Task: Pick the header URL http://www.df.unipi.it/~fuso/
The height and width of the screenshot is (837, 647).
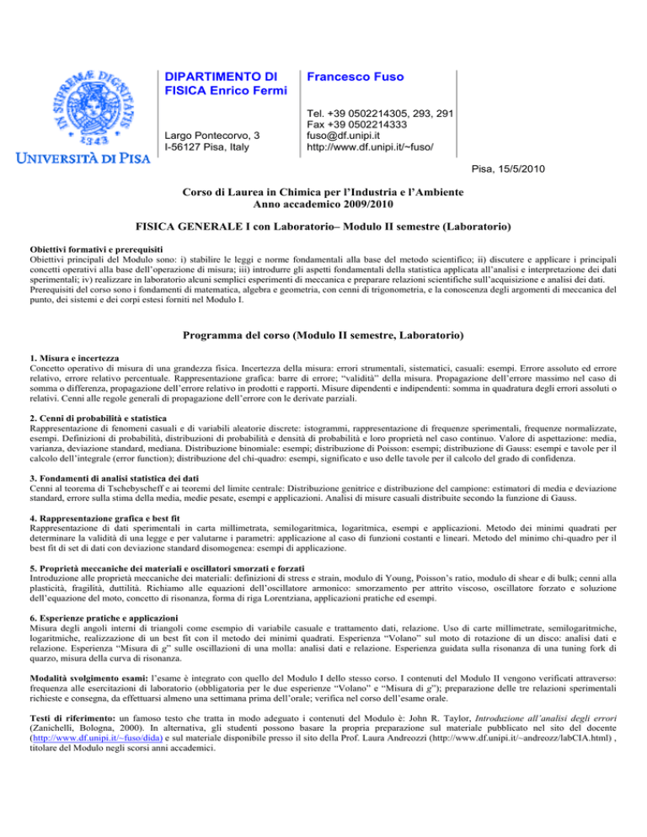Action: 370,146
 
